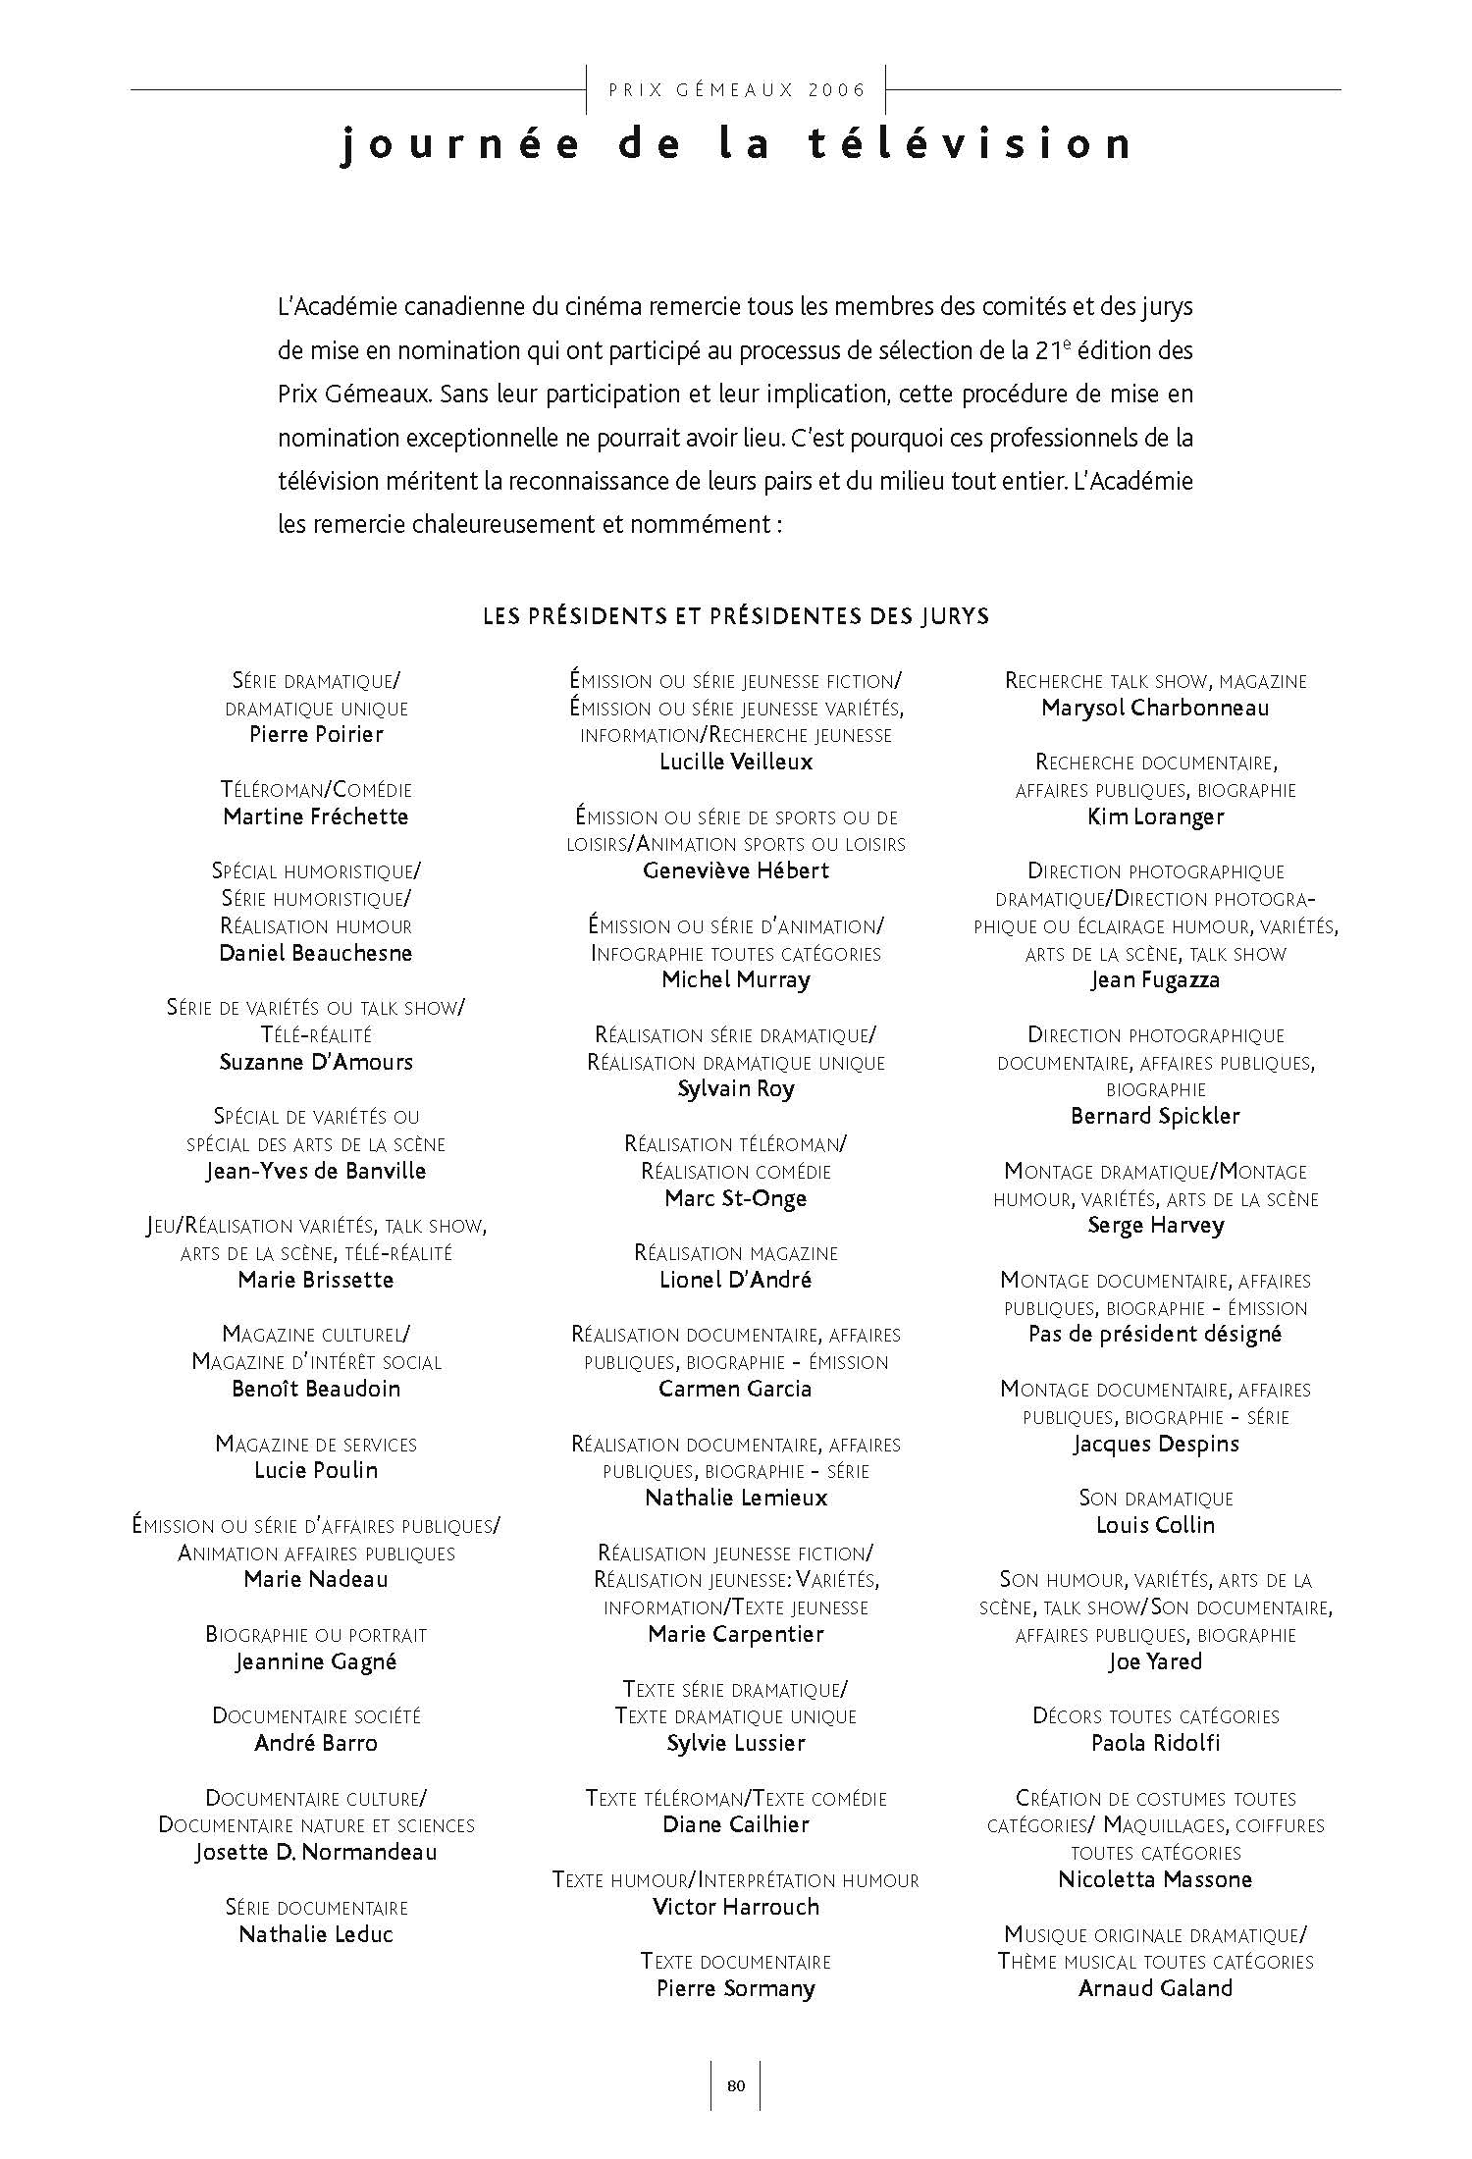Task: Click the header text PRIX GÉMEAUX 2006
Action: [x=737, y=90]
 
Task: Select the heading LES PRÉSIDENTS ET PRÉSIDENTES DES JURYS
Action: [x=736, y=616]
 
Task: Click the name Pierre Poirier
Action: [x=316, y=734]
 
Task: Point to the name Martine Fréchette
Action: [x=316, y=816]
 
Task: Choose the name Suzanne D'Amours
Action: [x=316, y=1062]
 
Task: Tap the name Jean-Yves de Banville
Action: [x=316, y=1171]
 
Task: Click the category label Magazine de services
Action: [x=316, y=1445]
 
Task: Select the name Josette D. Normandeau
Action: [x=316, y=1853]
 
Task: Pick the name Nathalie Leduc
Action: [x=316, y=1934]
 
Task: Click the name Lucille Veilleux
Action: [x=736, y=762]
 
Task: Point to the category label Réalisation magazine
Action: [x=736, y=1253]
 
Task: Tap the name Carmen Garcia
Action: [x=736, y=1389]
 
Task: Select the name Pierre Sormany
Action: [x=736, y=1988]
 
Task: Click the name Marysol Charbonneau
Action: [x=1155, y=708]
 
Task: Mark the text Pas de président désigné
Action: [x=1155, y=1334]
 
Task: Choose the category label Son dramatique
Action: [x=1155, y=1499]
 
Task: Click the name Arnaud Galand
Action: [x=1155, y=1988]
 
